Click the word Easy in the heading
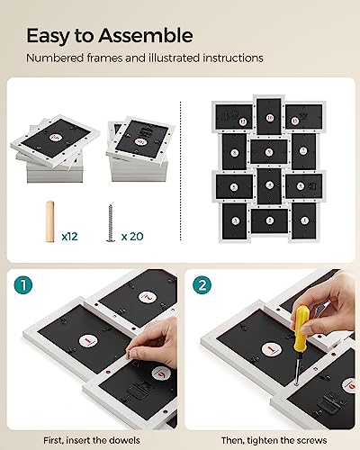(49, 36)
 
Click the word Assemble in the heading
(144, 36)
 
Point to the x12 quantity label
(70, 237)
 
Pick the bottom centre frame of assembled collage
(268, 220)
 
